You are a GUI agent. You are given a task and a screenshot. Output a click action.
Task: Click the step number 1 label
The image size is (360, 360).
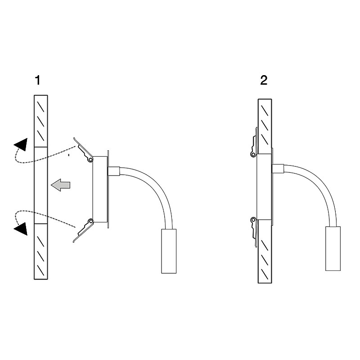pyautogui.click(x=38, y=81)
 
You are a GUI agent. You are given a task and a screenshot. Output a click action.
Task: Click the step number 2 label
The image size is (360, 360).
pyautogui.click(x=264, y=81)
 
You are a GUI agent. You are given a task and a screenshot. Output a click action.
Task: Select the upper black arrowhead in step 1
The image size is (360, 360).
pyautogui.click(x=21, y=144)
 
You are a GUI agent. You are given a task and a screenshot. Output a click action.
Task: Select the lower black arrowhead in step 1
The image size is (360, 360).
pyautogui.click(x=21, y=229)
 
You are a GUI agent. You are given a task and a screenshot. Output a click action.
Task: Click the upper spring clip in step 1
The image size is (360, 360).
pyautogui.click(x=83, y=150)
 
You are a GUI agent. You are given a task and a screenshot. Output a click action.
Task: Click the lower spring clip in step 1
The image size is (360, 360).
pyautogui.click(x=83, y=230)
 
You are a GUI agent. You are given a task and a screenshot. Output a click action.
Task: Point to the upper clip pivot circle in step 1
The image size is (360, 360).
pyautogui.click(x=91, y=159)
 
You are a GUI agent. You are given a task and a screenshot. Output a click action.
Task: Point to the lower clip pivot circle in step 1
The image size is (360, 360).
pyautogui.click(x=91, y=221)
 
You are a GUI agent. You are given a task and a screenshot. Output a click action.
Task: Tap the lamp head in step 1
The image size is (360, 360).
pyautogui.click(x=169, y=251)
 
